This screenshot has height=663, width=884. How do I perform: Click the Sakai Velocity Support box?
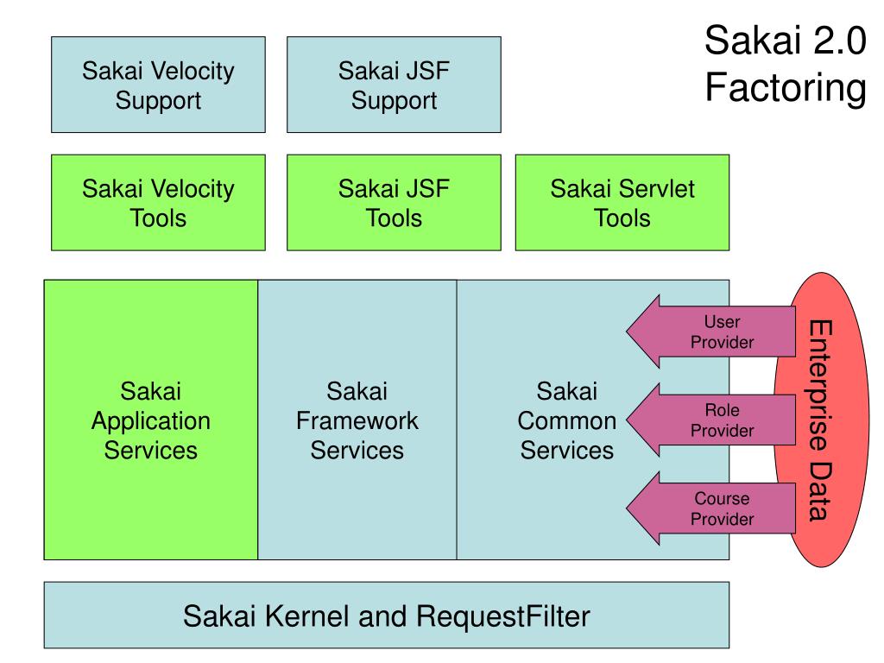tap(158, 85)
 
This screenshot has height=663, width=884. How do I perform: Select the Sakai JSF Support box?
tap(394, 85)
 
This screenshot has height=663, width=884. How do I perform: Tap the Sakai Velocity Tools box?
tap(158, 202)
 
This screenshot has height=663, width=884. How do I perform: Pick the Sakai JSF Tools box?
tap(394, 202)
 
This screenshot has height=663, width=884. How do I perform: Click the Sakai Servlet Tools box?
tap(622, 202)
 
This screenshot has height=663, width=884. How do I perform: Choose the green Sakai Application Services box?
tap(150, 420)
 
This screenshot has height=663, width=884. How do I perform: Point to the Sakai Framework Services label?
tap(357, 420)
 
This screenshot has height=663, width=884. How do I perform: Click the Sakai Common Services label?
tap(566, 420)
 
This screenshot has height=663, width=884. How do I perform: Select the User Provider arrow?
tap(711, 331)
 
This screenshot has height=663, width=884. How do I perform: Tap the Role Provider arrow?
tap(711, 420)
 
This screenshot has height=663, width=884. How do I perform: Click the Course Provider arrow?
tap(711, 508)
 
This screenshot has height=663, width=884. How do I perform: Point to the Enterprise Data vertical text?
tap(820, 420)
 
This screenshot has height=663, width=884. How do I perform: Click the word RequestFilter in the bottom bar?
tap(503, 616)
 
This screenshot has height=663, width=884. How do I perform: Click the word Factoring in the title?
tap(786, 88)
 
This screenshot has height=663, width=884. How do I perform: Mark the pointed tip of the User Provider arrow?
tap(627, 331)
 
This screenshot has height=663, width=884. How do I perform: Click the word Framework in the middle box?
tap(357, 420)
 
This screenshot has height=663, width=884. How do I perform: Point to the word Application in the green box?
tap(150, 421)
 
